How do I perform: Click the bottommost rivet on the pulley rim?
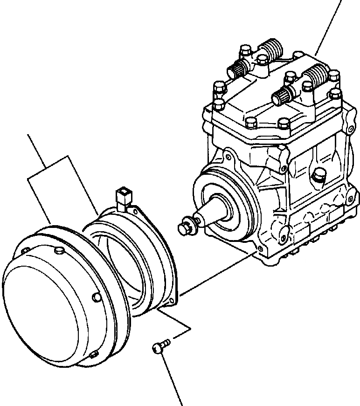tap(93, 356)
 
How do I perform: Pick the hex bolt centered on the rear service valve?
tap(262, 60)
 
